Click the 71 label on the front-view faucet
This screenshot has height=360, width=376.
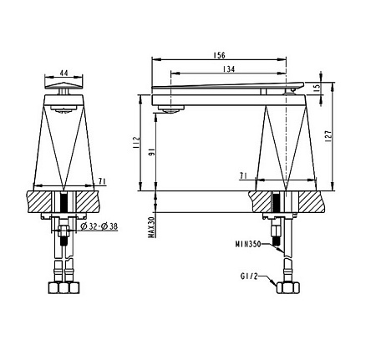coord(101,180)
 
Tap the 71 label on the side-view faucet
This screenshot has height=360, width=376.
coord(243,176)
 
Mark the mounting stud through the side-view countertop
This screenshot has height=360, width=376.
coord(277,204)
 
